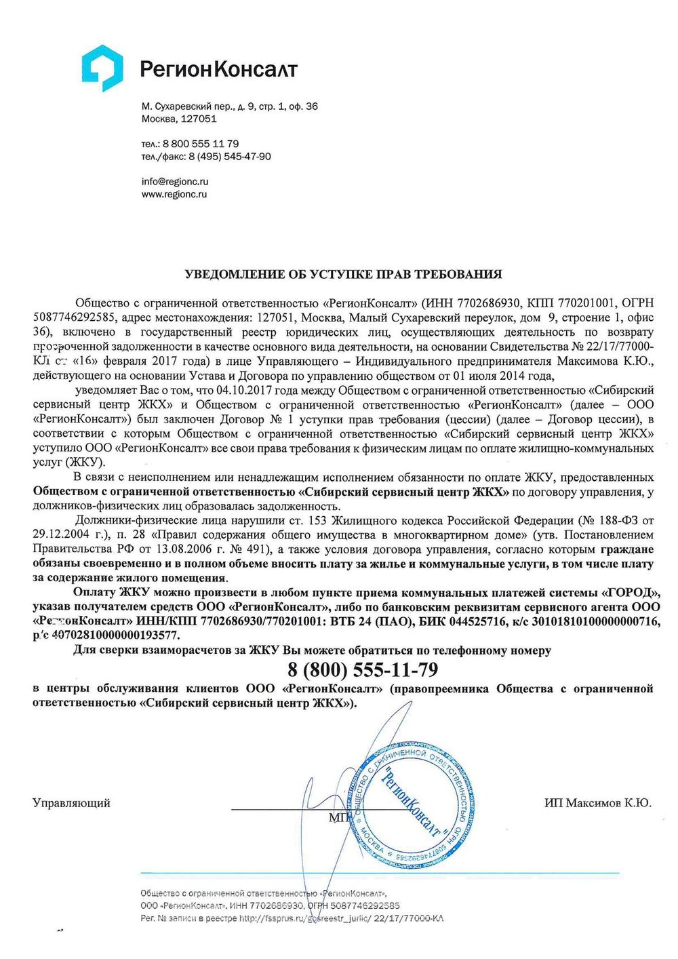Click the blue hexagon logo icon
102,68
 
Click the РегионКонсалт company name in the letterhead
218,68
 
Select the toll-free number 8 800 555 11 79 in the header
201,144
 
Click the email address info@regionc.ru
175,182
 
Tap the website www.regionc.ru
174,194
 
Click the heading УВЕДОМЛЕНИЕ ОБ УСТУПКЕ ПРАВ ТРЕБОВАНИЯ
343,275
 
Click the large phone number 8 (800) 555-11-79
363,670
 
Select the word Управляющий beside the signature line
71,803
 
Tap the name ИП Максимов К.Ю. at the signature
597,803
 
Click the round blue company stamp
410,802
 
